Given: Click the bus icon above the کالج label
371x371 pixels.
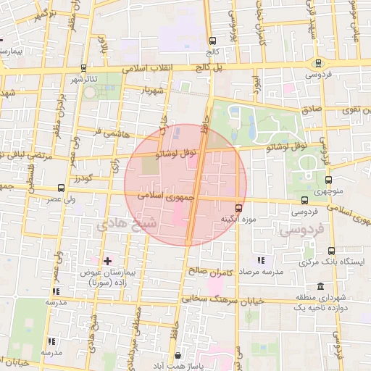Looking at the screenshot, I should (x=212, y=41).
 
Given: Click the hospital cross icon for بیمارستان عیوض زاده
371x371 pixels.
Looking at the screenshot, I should (x=108, y=260).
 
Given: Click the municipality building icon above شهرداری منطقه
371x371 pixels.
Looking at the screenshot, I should (x=321, y=286).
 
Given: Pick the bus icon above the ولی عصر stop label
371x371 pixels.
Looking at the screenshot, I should (x=60, y=187).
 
